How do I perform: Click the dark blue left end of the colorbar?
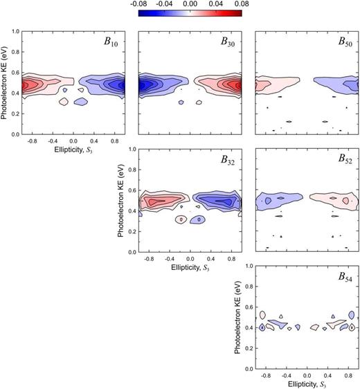point(141,13)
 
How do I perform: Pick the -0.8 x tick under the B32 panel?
point(148,257)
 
